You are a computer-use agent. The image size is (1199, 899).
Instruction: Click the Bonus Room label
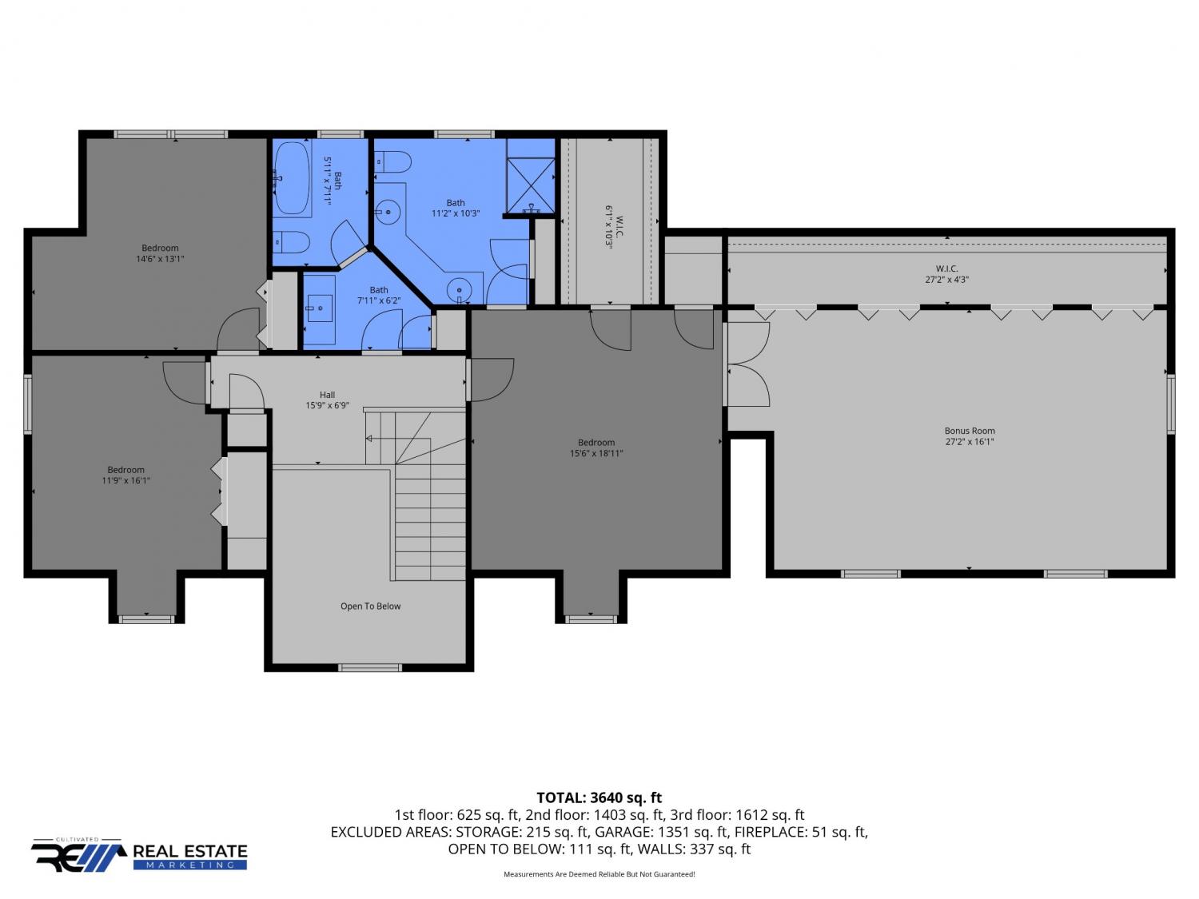[x=969, y=431]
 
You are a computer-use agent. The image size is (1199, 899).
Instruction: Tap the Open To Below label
[x=370, y=606]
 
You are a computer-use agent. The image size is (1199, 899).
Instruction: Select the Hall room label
[x=327, y=395]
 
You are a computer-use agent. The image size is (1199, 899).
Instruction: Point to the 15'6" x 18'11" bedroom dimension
[x=596, y=453]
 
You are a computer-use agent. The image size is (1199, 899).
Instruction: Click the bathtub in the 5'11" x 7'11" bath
[x=292, y=178]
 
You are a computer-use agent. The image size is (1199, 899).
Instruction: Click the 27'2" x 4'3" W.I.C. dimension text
[x=946, y=280]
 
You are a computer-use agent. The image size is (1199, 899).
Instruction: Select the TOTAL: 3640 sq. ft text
[x=599, y=798]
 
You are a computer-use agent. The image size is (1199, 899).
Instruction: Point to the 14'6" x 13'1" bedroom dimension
[x=160, y=259]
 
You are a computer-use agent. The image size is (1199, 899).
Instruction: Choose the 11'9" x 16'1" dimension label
[x=125, y=480]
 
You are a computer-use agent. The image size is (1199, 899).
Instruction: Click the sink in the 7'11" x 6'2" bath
[x=320, y=308]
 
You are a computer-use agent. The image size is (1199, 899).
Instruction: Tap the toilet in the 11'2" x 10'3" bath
[x=392, y=161]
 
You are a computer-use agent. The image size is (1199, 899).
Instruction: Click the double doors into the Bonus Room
[x=747, y=364]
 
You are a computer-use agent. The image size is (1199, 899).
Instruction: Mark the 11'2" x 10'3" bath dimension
[x=456, y=213]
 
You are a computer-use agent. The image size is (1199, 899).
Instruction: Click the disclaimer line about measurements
[x=599, y=874]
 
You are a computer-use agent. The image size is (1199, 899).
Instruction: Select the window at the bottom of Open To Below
[x=370, y=667]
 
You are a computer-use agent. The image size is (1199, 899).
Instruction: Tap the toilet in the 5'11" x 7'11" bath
[x=291, y=241]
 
